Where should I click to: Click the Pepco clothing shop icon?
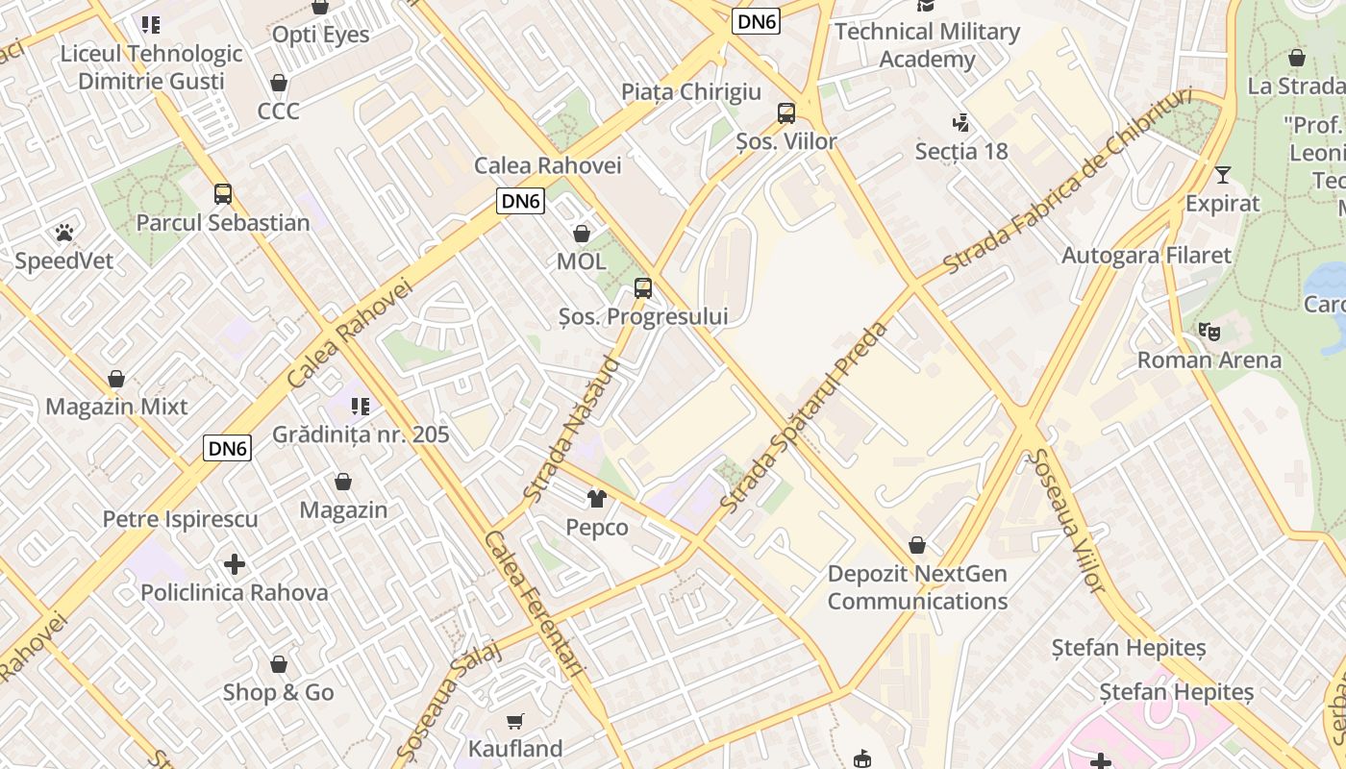tap(597, 498)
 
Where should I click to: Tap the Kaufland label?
tap(515, 748)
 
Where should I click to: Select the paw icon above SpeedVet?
tap(63, 232)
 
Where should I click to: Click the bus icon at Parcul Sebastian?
tap(223, 193)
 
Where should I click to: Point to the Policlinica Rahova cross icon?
tap(235, 563)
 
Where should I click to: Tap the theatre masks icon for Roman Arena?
tap(1209, 332)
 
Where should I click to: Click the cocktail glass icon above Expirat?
tap(1222, 175)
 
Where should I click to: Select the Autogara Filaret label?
tap(1146, 255)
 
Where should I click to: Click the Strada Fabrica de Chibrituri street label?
tap(1067, 180)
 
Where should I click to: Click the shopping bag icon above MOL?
tap(581, 233)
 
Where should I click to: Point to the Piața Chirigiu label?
tap(691, 92)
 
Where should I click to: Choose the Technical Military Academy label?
tap(927, 45)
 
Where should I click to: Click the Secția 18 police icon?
tap(960, 122)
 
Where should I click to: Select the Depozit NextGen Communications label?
tap(917, 587)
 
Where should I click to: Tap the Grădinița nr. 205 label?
tap(361, 434)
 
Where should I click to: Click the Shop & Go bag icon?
tap(279, 663)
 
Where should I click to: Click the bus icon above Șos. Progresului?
tap(643, 287)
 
